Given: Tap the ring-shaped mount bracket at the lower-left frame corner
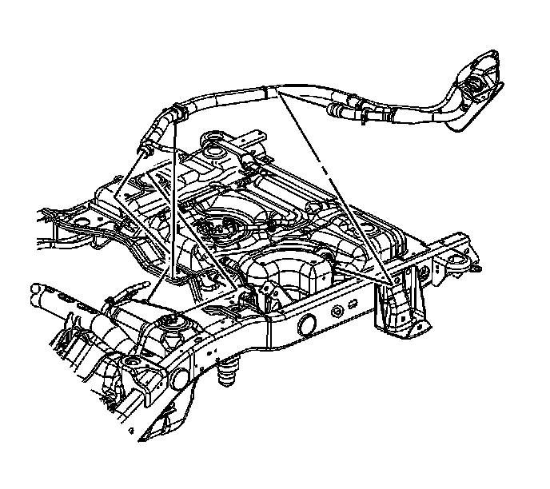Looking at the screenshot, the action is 132,368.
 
